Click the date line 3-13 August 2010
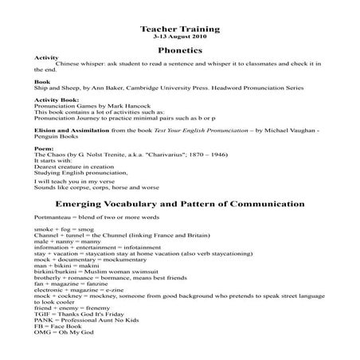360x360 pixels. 179,37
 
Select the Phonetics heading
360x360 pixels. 180,50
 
